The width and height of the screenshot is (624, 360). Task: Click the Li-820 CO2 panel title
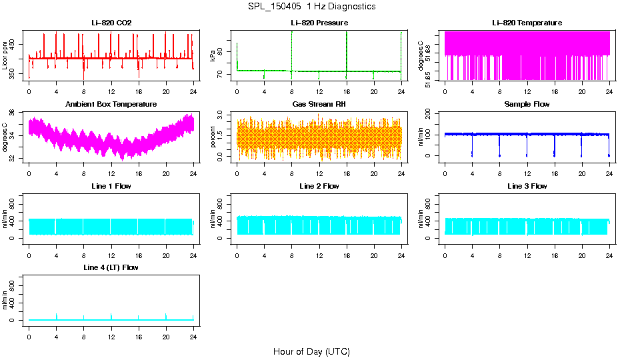(x=111, y=23)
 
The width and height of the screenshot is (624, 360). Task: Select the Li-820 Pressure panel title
(x=319, y=23)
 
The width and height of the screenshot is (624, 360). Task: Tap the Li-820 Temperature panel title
(x=527, y=23)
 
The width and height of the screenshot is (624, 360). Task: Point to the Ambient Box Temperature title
(x=111, y=105)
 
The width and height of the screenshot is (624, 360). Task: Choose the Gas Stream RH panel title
(x=319, y=105)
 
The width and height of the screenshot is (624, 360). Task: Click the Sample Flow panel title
(x=527, y=105)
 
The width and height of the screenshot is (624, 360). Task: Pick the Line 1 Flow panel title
(x=111, y=186)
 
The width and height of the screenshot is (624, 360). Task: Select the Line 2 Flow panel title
(x=319, y=186)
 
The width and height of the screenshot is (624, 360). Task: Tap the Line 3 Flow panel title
(x=527, y=186)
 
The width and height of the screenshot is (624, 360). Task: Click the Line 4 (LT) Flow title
(x=111, y=267)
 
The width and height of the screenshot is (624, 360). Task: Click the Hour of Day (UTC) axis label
(x=311, y=351)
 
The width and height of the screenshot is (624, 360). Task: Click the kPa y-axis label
(x=213, y=55)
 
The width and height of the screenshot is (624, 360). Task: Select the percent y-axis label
(x=213, y=137)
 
